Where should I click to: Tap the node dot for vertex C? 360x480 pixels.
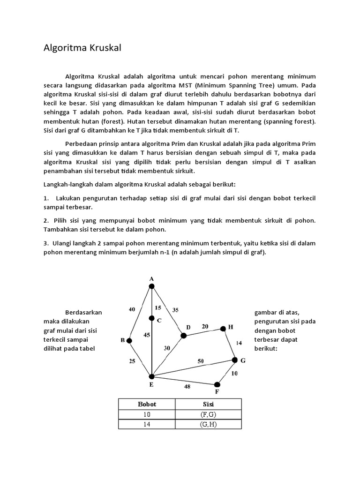[x=151, y=319]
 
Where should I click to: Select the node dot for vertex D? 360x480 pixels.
[x=184, y=335]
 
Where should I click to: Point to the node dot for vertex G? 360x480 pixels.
[x=235, y=360]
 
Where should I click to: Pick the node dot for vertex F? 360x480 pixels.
[x=217, y=384]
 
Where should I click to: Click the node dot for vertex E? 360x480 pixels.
[x=151, y=376]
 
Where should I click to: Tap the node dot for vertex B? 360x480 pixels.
[x=129, y=340]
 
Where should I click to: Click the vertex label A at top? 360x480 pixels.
[x=151, y=279]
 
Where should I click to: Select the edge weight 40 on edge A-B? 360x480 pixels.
[x=132, y=309]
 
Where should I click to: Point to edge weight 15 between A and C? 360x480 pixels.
[x=158, y=307]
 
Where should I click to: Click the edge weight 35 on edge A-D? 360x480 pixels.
[x=176, y=309]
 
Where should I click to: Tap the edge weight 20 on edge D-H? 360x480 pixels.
[x=205, y=326]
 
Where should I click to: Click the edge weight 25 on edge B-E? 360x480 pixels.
[x=132, y=361]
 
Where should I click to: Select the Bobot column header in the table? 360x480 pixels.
[x=147, y=404]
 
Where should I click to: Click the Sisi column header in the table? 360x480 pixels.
[x=208, y=404]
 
